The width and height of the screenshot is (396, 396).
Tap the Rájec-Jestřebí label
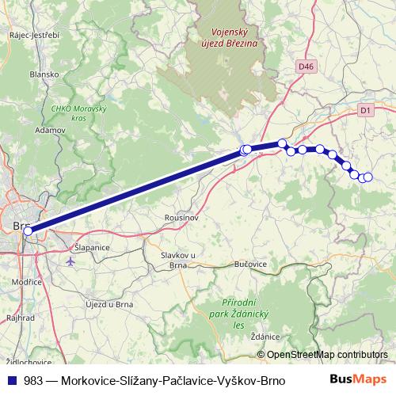(x=34, y=35)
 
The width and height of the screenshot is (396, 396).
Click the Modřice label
(x=26, y=281)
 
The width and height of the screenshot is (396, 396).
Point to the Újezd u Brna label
(x=109, y=303)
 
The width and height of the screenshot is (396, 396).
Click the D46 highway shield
(x=307, y=68)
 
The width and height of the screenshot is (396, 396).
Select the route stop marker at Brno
(x=29, y=232)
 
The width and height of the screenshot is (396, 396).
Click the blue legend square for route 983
(x=11, y=379)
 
